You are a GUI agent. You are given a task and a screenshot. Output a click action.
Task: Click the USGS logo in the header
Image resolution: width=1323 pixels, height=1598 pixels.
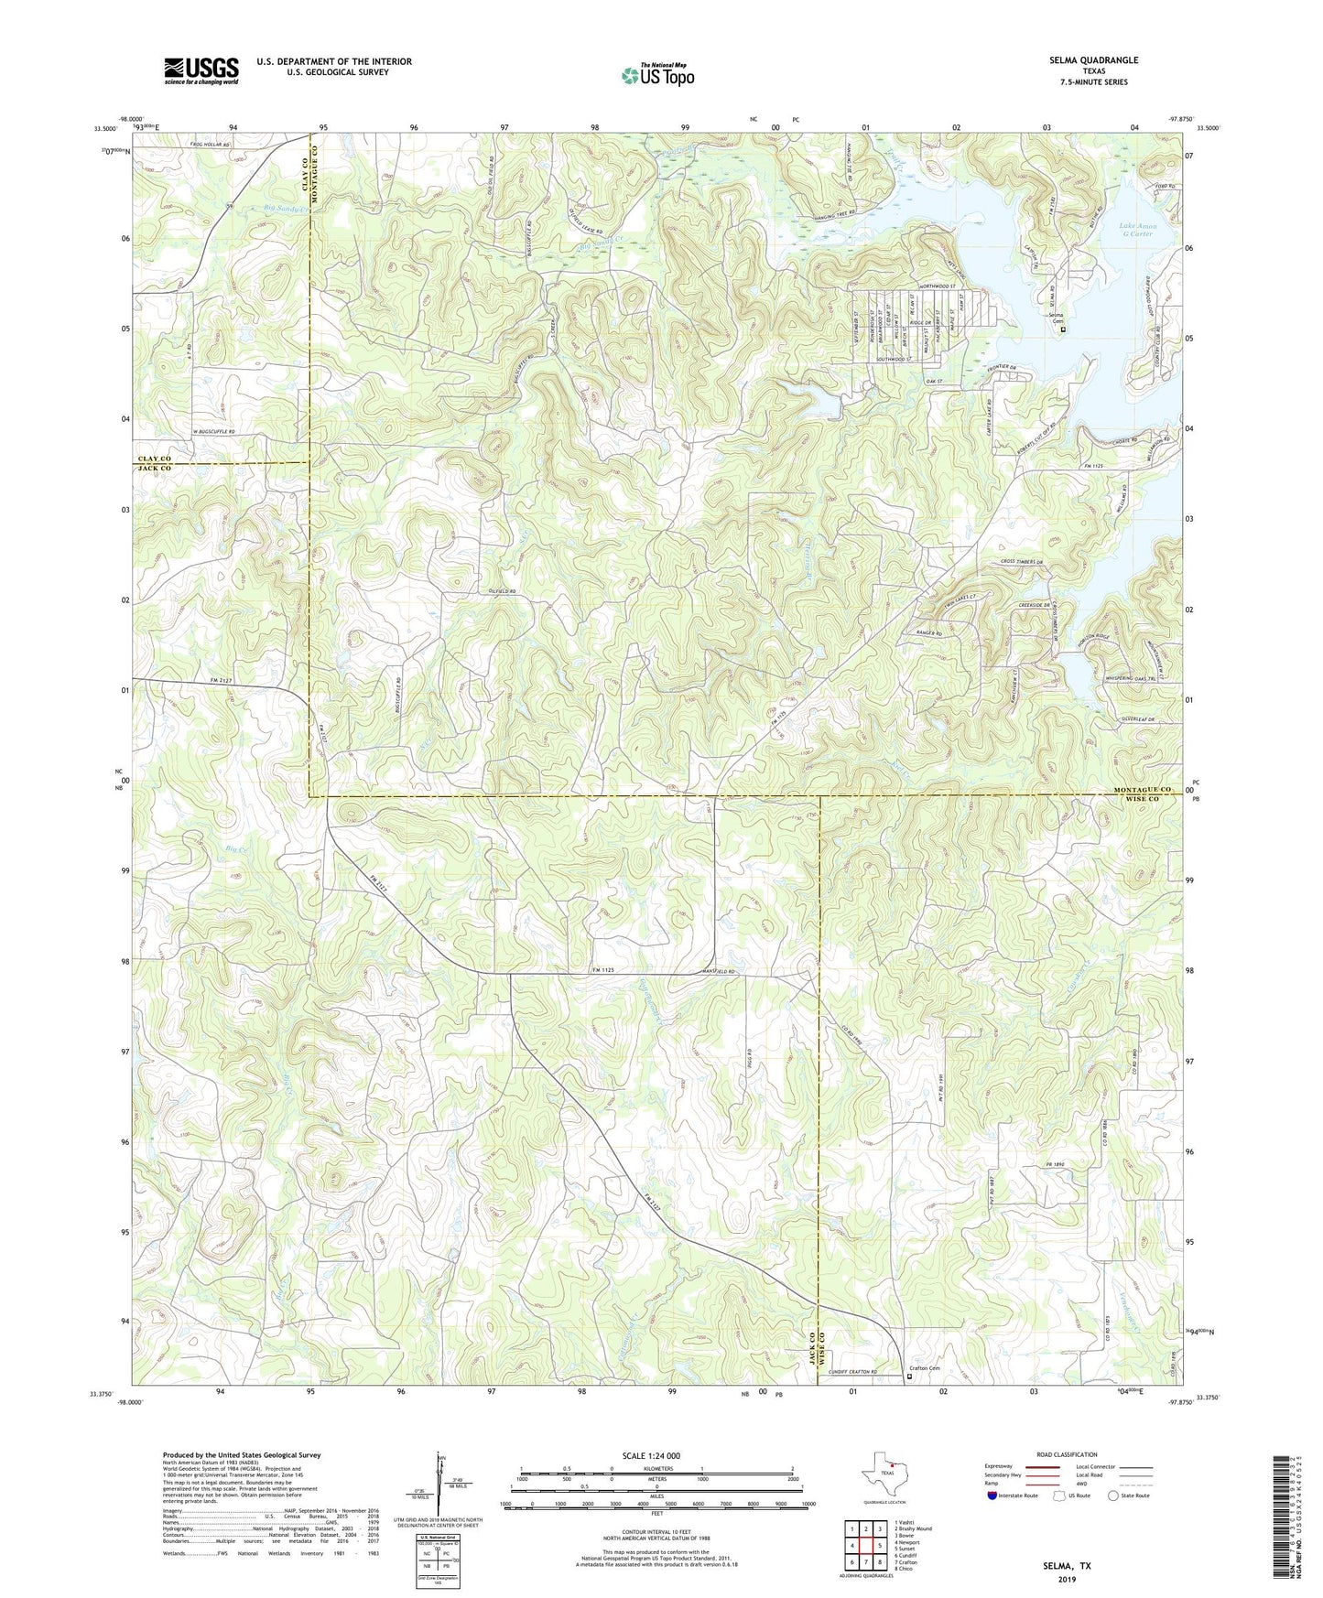(201, 70)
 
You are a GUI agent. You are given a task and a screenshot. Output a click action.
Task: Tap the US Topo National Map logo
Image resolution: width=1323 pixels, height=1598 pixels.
(657, 75)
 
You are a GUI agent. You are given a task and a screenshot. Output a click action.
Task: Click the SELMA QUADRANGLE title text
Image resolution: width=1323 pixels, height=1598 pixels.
(1093, 60)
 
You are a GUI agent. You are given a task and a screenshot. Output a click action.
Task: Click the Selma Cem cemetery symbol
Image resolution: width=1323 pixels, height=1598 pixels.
(1062, 330)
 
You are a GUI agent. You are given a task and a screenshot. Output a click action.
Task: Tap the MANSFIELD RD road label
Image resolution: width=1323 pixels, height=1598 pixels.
(721, 970)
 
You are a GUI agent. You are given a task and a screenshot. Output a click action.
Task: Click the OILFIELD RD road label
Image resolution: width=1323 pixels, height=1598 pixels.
(499, 592)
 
